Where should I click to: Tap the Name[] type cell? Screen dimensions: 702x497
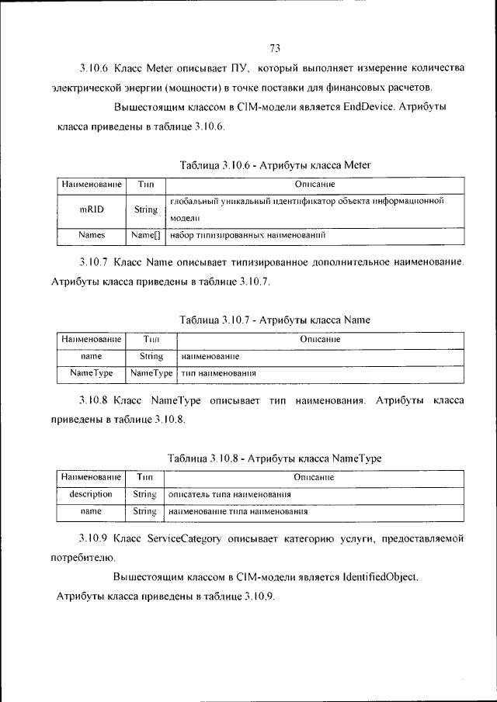point(145,233)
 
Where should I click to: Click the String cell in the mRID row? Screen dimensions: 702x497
point(145,209)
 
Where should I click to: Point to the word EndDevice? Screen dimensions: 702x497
point(363,106)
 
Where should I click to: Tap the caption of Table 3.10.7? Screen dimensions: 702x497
point(275,319)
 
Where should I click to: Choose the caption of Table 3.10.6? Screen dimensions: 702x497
point(275,164)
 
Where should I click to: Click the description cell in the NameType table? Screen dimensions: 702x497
point(91,493)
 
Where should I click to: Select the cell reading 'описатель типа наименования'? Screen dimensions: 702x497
point(230,494)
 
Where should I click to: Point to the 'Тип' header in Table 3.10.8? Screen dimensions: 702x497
point(144,477)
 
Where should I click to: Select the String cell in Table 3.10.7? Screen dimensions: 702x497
point(151,357)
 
